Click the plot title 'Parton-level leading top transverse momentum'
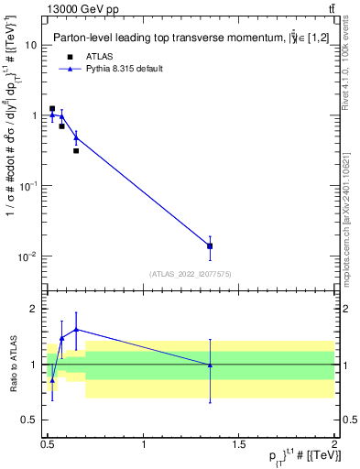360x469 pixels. point(180,38)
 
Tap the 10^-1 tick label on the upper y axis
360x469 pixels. point(26,187)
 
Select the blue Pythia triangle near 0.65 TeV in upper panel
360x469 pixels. point(76,138)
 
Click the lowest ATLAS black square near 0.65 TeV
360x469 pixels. point(76,150)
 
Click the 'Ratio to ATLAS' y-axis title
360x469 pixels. point(12,364)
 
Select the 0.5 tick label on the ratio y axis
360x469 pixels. point(30,420)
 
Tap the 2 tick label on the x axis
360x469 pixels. point(333,443)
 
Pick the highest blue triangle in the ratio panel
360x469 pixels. point(76,329)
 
